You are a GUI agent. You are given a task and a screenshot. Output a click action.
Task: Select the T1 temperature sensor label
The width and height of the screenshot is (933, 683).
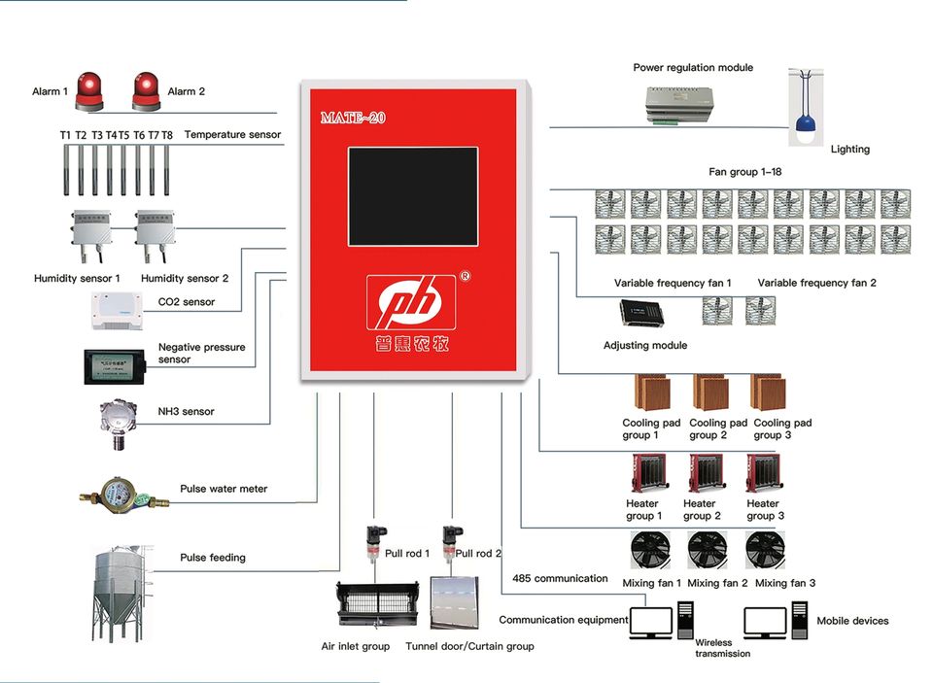[x=65, y=135]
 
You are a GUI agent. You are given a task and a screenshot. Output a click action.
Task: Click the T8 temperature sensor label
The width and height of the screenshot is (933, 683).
[x=167, y=135]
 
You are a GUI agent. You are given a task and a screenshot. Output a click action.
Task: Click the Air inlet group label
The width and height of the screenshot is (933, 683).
[x=355, y=646]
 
